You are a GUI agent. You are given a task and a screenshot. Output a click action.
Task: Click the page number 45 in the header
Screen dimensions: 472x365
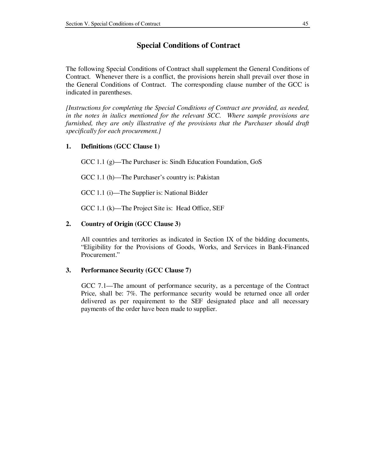305,24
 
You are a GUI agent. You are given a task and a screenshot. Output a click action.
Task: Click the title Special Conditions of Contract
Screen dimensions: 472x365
188,45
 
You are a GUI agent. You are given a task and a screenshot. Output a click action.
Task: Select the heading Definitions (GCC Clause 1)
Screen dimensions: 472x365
120,146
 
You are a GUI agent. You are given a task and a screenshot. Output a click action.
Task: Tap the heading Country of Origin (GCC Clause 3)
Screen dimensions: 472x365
131,224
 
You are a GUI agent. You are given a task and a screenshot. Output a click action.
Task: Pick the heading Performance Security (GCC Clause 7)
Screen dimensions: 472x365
136,270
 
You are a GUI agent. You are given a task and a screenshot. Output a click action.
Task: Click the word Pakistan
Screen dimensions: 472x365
208,177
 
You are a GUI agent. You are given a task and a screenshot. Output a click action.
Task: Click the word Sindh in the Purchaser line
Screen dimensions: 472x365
177,162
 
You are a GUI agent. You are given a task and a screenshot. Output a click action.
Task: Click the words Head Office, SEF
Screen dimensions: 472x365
200,208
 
